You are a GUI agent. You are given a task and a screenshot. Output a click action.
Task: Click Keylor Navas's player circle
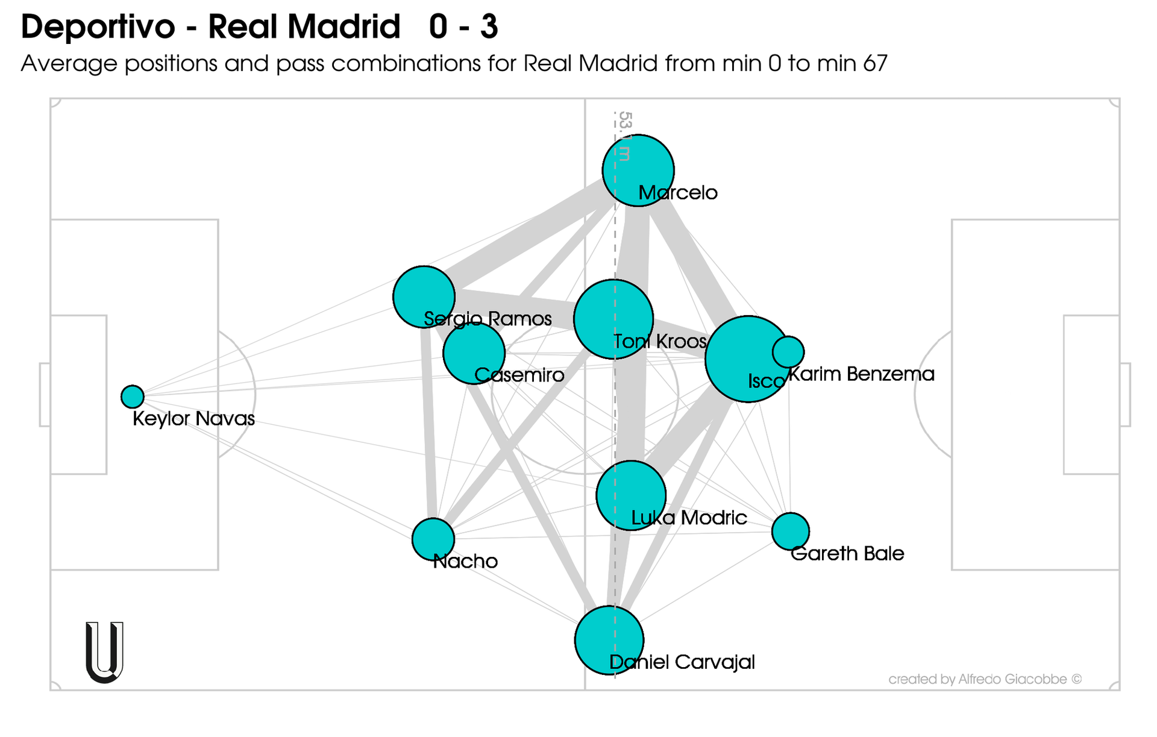pyautogui.click(x=132, y=397)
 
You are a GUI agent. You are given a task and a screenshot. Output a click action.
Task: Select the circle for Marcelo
pyautogui.click(x=638, y=170)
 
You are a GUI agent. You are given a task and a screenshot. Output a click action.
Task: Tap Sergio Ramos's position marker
pyautogui.click(x=424, y=296)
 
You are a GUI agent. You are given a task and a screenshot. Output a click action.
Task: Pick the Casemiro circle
pyautogui.click(x=474, y=353)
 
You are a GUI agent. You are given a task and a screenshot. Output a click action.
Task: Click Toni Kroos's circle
pyautogui.click(x=613, y=319)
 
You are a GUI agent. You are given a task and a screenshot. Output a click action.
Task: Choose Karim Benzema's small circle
pyautogui.click(x=788, y=351)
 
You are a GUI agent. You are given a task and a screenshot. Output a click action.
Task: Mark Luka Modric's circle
pyautogui.click(x=630, y=495)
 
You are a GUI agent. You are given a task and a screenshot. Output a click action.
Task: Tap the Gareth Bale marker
pyautogui.click(x=790, y=531)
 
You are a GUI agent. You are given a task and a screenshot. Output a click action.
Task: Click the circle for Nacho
pyautogui.click(x=433, y=539)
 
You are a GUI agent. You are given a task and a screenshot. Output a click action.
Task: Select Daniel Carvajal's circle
pyautogui.click(x=609, y=640)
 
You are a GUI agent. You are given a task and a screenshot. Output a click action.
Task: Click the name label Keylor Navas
pyautogui.click(x=193, y=419)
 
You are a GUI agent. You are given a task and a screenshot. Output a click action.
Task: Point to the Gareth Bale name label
pyautogui.click(x=847, y=554)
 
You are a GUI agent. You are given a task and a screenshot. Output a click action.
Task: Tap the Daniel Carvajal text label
pyautogui.click(x=682, y=662)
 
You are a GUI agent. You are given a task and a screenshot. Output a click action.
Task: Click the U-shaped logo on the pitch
pyautogui.click(x=105, y=652)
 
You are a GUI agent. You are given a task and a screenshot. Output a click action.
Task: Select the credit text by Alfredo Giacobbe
pyautogui.click(x=985, y=679)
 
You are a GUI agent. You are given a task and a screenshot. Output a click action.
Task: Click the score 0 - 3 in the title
pyautogui.click(x=463, y=27)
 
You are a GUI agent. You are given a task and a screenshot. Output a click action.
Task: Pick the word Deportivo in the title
pyautogui.click(x=98, y=27)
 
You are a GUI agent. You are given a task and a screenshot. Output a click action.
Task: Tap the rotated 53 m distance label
pyautogui.click(x=624, y=136)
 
